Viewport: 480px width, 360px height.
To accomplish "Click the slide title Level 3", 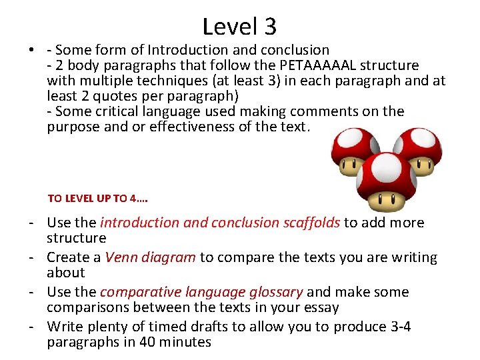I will pyautogui.click(x=239, y=27).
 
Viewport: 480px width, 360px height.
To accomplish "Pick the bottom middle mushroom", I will pyautogui.click(x=387, y=181).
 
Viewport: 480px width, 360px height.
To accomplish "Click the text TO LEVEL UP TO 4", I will pyautogui.click(x=97, y=198).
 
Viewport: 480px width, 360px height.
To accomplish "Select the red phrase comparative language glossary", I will pyautogui.click(x=201, y=292).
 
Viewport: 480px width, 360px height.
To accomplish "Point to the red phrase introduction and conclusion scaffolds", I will pyautogui.click(x=220, y=223).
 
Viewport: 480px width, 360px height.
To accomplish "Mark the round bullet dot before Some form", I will pyautogui.click(x=31, y=51).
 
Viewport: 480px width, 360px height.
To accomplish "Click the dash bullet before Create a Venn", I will pyautogui.click(x=32, y=257).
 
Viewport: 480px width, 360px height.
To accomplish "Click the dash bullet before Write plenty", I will pyautogui.click(x=32, y=327).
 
